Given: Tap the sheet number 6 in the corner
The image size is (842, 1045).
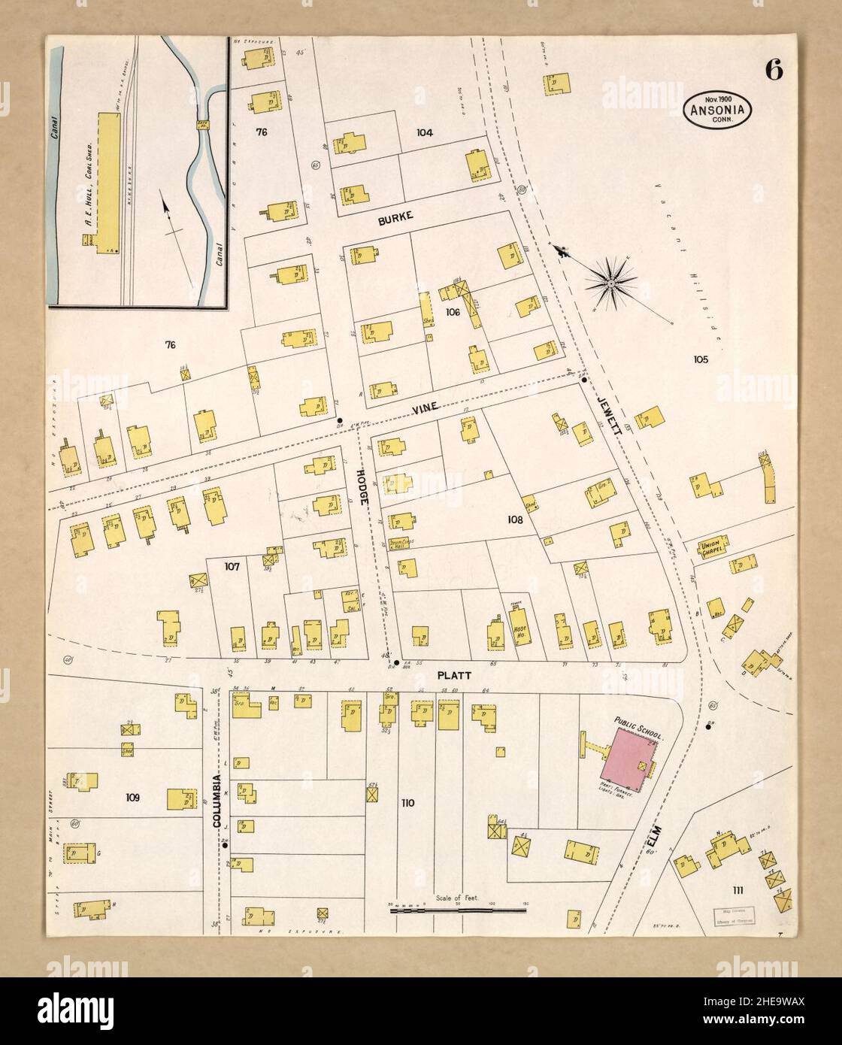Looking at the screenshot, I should [774, 70].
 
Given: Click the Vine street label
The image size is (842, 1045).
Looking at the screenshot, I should [425, 410].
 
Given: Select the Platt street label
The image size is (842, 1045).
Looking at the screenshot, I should [453, 675].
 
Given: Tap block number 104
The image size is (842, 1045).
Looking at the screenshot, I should [425, 132].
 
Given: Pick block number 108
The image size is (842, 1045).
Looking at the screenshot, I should [514, 519].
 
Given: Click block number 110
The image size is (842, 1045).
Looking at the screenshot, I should [407, 803].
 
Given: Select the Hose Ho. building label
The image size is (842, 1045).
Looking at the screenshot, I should [519, 631].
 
